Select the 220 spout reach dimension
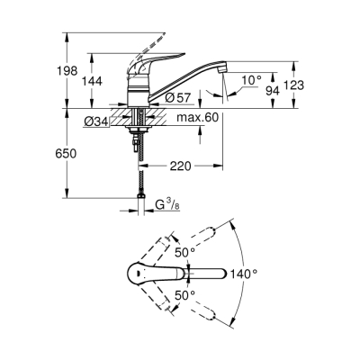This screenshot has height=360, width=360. tap(181, 166)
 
